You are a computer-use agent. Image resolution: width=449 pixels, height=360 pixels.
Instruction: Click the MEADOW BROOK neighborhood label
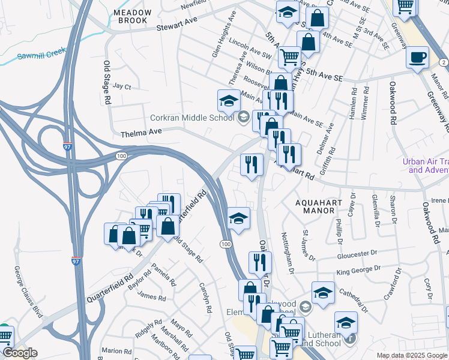tap(130, 16)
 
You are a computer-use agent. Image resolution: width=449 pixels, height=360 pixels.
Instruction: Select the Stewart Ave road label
tap(177, 24)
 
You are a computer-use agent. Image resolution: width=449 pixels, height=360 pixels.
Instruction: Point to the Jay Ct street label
tap(122, 86)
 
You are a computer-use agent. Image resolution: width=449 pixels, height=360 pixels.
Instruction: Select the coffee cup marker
tap(417, 58)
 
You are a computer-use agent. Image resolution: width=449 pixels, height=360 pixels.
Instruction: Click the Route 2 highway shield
tap(443, 62)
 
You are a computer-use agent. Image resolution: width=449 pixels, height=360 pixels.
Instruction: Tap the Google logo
tap(19, 352)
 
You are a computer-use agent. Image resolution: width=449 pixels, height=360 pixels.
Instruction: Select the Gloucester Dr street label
tap(357, 254)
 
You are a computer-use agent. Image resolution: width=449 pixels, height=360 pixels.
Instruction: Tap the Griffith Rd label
tap(335, 155)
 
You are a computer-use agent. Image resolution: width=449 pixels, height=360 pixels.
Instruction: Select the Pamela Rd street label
tap(163, 274)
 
